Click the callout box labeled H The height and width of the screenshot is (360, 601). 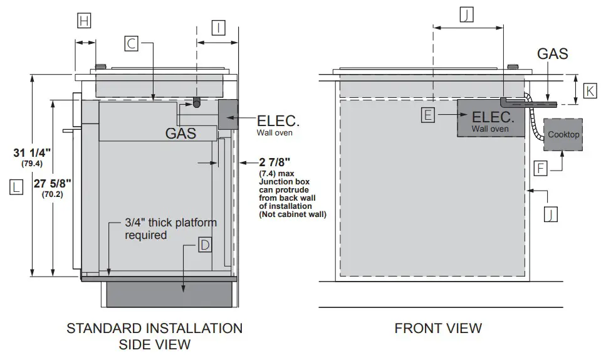(x=84, y=21)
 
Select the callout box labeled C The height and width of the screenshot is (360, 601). (x=132, y=43)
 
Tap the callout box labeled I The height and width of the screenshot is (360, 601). (x=217, y=28)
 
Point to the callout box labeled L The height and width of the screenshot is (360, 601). (x=16, y=186)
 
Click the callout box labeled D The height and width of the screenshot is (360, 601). (x=204, y=245)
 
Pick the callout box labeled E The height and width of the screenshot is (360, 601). (x=428, y=115)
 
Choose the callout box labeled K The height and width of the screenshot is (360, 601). (x=590, y=90)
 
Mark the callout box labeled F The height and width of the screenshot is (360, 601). (x=541, y=167)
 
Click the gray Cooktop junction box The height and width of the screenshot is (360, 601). (x=563, y=134)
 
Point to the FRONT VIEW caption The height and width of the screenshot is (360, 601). (x=438, y=328)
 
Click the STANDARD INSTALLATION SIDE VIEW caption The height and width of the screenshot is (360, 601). (x=154, y=336)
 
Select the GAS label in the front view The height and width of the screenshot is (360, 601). (x=552, y=54)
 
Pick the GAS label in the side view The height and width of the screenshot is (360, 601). (x=180, y=133)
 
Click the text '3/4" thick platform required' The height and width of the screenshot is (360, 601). (x=170, y=229)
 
